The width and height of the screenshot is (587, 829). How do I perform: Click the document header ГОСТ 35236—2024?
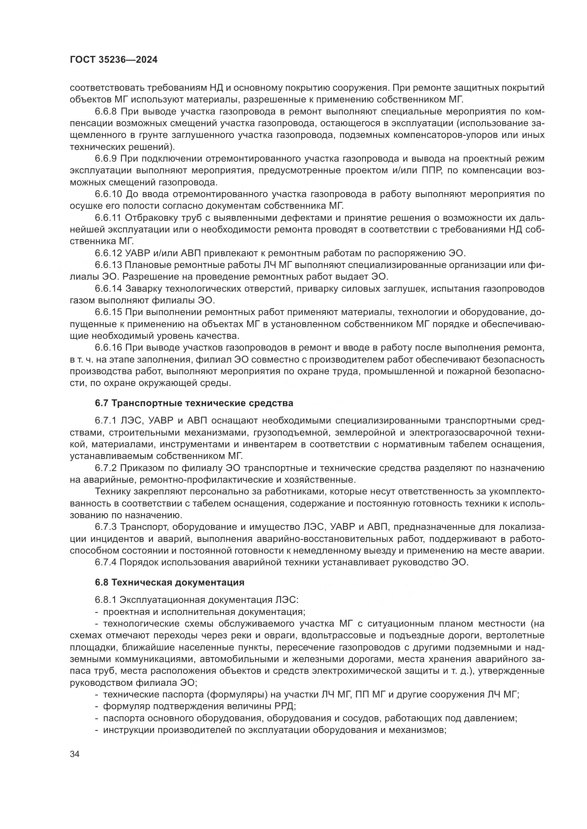[114, 60]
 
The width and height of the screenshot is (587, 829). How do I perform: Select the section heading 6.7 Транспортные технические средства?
[194, 403]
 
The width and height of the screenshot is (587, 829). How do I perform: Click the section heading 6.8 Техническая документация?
[170, 582]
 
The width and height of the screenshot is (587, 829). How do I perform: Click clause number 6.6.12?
[109, 253]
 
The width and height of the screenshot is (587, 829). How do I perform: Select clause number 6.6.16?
[109, 348]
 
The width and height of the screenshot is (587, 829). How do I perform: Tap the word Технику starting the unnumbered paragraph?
[112, 491]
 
